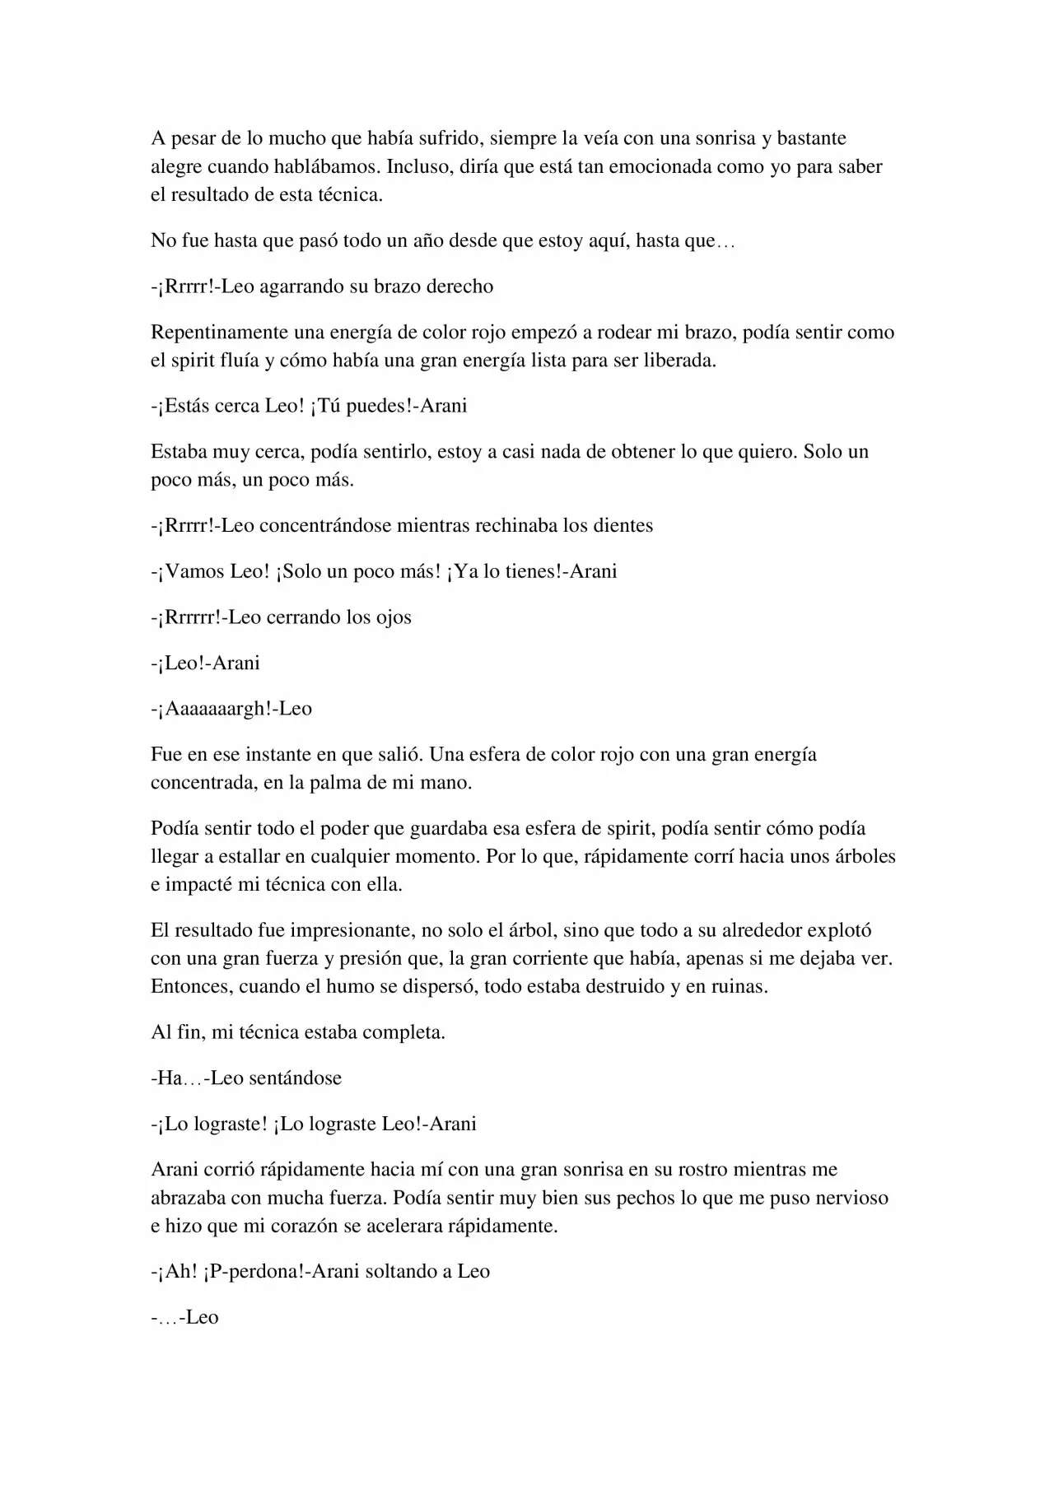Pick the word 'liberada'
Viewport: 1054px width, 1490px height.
(x=681, y=361)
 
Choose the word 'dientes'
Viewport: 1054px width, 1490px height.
(x=623, y=526)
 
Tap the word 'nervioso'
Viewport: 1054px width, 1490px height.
(x=852, y=1199)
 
